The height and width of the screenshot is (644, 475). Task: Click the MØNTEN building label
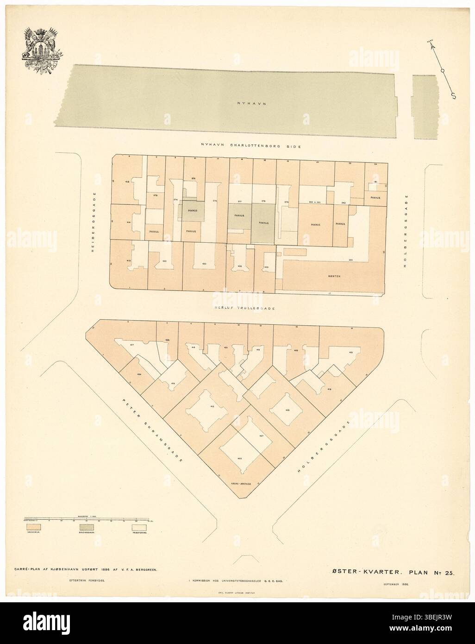pyautogui.click(x=334, y=276)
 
